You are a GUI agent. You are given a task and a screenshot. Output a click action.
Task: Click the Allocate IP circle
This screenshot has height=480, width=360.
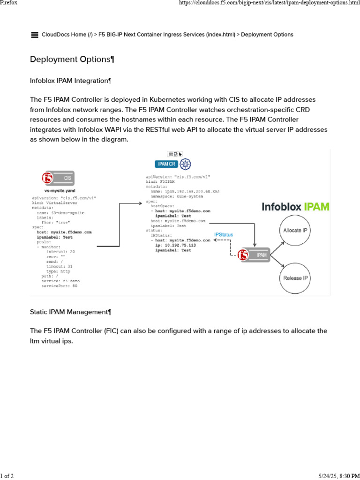point(296,231)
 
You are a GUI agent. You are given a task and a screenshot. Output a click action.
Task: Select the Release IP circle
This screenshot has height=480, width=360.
point(296,278)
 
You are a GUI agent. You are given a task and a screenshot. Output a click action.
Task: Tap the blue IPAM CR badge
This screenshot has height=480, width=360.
point(167,164)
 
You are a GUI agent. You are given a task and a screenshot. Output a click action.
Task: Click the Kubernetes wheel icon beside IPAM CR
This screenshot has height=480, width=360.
point(186,164)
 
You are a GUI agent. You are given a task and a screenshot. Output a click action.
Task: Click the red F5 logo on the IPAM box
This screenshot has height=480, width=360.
point(243,255)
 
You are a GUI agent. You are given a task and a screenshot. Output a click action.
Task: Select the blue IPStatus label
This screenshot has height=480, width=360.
point(223,234)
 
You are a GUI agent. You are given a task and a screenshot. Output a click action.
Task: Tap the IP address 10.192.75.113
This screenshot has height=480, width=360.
point(179,245)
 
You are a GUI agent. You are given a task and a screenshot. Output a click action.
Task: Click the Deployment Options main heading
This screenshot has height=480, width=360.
point(72,60)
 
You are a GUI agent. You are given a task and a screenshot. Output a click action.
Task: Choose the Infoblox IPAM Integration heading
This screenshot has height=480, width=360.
point(71,81)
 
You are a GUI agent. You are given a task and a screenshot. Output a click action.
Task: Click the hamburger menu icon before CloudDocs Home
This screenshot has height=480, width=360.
point(34,35)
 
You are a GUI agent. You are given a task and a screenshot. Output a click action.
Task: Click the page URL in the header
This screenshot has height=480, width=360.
point(269,3)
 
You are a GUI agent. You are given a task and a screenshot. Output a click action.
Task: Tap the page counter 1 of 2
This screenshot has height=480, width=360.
point(7,476)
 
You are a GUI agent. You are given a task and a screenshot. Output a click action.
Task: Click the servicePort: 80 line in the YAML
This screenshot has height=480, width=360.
point(59,285)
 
